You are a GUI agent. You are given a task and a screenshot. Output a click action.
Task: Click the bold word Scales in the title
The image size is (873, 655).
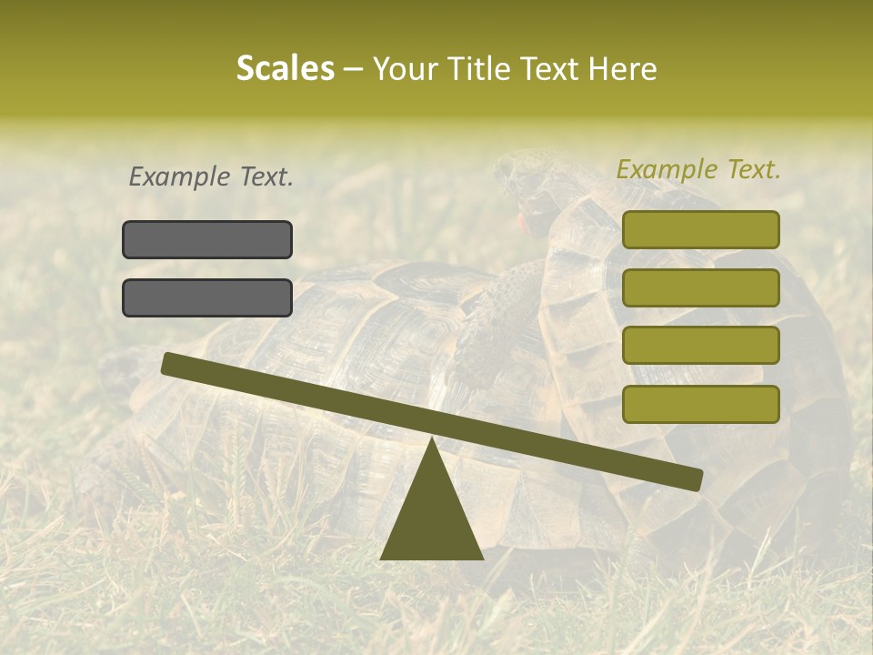[285, 68]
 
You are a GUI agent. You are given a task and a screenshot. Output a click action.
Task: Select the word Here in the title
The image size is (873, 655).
[624, 69]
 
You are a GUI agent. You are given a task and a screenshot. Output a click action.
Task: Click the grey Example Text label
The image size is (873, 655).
[211, 176]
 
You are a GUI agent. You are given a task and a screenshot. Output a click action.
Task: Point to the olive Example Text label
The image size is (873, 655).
[698, 169]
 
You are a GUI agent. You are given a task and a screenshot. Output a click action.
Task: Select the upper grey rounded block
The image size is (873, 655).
[207, 239]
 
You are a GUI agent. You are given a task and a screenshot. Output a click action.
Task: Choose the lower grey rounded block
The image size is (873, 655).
[207, 297]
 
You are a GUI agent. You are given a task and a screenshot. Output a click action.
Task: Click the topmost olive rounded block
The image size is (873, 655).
[700, 229]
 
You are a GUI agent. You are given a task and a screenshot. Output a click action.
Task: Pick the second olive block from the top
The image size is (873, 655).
[700, 287]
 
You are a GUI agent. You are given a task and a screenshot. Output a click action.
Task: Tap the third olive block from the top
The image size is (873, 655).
[700, 346]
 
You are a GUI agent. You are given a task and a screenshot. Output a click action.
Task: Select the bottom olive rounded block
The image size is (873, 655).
[700, 404]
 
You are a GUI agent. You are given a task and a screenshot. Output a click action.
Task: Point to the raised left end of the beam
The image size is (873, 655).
[169, 363]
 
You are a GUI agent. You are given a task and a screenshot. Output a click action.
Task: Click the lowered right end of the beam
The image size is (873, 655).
[695, 479]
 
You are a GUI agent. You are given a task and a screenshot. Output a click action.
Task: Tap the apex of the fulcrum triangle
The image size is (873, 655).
[432, 440]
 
